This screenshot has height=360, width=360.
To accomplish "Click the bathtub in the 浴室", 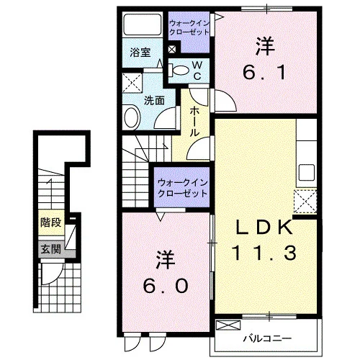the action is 143,24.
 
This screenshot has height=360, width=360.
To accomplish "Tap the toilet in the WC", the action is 179,70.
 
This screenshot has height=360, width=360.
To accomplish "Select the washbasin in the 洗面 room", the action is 132,117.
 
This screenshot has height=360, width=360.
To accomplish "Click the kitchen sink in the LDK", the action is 307,172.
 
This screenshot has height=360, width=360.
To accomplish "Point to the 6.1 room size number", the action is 264,72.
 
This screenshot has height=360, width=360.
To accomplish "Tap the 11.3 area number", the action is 264,253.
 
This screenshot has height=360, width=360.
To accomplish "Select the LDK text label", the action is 264,228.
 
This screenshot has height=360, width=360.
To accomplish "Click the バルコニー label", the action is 267,338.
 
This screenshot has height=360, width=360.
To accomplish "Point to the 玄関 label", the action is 50,249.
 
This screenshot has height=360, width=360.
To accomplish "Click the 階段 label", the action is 50,222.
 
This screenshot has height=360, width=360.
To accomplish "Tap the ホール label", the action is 194,122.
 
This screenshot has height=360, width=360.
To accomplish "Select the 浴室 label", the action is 140,53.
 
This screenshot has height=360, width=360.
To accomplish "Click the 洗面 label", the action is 154,101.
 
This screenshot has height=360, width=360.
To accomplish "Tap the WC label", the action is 197,71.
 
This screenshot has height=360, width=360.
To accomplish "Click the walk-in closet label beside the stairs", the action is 182,188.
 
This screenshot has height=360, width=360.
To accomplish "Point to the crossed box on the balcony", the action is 228,325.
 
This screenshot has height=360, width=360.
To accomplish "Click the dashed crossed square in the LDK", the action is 305,202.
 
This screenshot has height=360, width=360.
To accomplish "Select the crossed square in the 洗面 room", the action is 132,83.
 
